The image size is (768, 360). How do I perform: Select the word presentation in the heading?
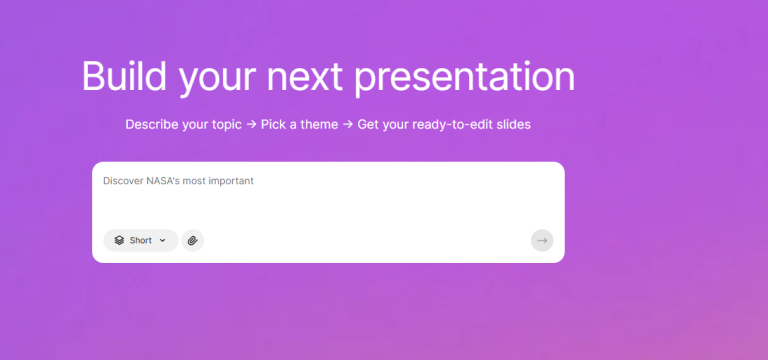pos(465,77)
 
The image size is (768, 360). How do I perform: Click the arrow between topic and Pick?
pos(252,125)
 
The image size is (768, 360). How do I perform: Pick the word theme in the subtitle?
pos(315,125)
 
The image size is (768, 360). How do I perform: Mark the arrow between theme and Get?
pos(347,125)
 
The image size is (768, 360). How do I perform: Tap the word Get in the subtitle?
pos(369,125)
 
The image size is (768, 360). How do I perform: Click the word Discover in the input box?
pos(123,181)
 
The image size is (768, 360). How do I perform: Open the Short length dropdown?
pos(141,240)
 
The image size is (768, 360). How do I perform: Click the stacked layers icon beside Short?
pos(118,240)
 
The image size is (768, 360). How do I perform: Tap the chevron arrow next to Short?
pos(163,240)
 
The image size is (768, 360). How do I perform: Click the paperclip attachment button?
pos(192,240)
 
